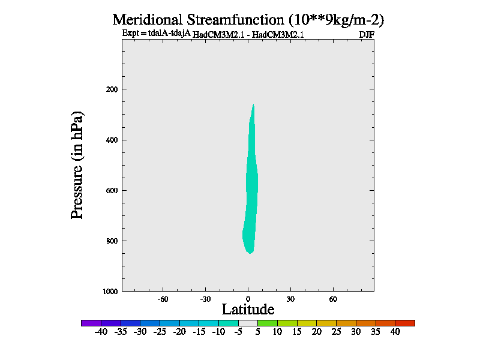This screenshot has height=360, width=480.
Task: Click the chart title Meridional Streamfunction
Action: click(248, 19)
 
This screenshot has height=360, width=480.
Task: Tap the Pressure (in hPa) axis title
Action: click(77, 165)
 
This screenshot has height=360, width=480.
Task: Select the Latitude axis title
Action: click(248, 310)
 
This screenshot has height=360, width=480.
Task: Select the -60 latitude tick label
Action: click(163, 299)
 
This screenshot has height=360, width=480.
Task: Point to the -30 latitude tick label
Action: click(205, 299)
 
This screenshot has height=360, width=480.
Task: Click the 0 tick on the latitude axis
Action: click(248, 299)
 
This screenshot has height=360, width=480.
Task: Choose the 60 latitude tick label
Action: click(333, 299)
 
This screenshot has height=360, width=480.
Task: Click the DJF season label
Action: click(367, 34)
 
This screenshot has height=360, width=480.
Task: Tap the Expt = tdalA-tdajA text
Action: click(156, 34)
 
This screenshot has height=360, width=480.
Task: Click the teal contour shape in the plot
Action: click(252, 192)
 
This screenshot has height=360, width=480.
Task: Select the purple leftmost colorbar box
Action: click(91, 323)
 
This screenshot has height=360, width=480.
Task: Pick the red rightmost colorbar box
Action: click(405, 323)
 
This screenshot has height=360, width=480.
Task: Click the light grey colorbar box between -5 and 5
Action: click(248, 323)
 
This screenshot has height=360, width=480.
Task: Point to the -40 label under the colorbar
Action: click(100, 332)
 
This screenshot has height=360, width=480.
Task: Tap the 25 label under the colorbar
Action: click(336, 332)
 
